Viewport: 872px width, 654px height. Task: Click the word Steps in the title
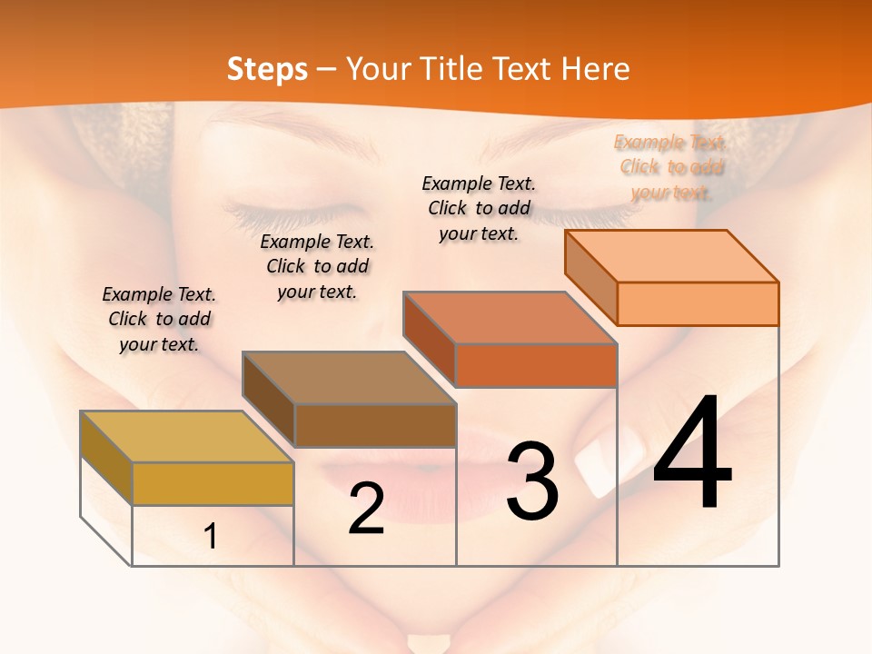click(x=267, y=69)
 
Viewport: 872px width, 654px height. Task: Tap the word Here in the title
click(x=595, y=69)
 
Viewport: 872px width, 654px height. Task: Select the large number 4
click(x=692, y=454)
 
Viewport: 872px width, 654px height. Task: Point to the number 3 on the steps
click(x=532, y=481)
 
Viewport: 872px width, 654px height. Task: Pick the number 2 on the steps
click(x=366, y=509)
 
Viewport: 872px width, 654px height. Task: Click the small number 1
click(x=211, y=536)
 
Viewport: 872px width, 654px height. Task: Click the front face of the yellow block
click(x=213, y=483)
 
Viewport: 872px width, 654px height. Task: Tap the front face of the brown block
click(x=375, y=424)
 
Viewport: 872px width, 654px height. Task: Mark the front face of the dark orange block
click(x=536, y=365)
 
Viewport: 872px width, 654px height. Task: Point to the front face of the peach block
click(x=698, y=303)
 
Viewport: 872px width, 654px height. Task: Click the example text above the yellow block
click(x=159, y=319)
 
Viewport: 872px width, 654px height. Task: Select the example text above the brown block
click(x=317, y=266)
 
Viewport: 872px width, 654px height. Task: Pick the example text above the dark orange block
click(x=479, y=208)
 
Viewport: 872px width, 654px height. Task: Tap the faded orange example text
click(x=671, y=167)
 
